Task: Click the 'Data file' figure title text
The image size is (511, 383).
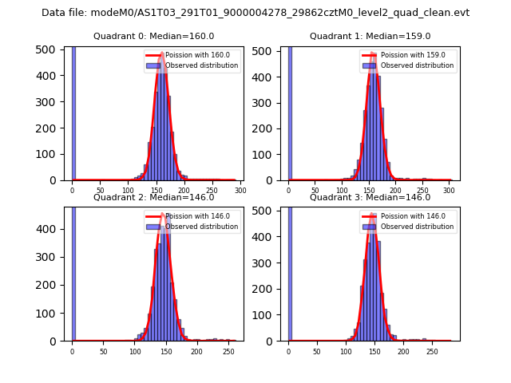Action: [x=255, y=13]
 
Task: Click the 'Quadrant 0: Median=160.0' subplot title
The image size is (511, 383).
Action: [x=154, y=36]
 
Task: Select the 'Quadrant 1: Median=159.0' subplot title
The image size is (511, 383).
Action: [x=370, y=36]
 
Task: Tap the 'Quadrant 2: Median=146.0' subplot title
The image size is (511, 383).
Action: [x=154, y=197]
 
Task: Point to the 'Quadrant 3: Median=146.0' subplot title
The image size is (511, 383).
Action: [x=370, y=197]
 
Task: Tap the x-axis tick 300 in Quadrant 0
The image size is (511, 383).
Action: [x=240, y=191]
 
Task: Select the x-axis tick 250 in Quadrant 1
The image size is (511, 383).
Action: [x=424, y=191]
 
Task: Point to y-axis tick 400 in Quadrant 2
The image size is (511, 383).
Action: [x=50, y=229]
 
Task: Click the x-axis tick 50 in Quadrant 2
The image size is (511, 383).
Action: [x=103, y=351]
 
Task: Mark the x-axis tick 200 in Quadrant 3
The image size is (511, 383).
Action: [x=403, y=351]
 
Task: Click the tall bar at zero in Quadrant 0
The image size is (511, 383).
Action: [x=73, y=112]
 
